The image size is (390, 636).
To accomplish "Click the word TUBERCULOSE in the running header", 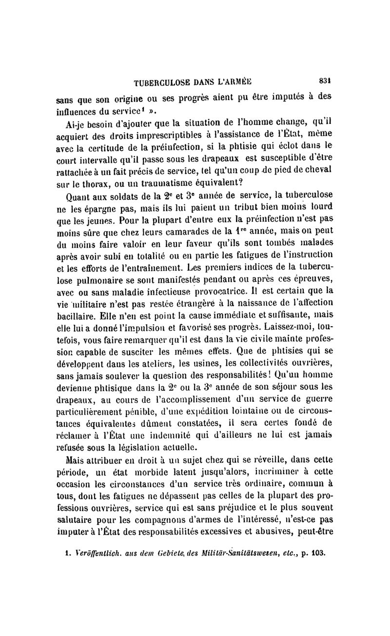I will pos(155,82).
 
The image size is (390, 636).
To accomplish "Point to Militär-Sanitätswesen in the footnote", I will pos(222,554).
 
